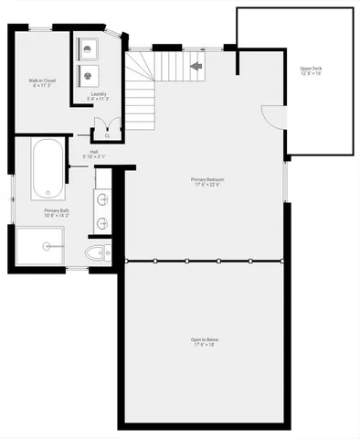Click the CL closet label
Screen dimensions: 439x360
coord(108,135)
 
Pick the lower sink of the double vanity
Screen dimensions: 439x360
coord(101,222)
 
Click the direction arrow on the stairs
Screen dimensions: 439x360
coord(196,66)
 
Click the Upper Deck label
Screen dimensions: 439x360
coord(311,69)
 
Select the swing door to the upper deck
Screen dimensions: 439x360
coord(272,117)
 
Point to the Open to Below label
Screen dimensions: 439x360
coord(205,339)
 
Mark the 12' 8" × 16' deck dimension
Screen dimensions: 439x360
coord(311,74)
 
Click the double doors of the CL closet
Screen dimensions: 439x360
coord(107,126)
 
